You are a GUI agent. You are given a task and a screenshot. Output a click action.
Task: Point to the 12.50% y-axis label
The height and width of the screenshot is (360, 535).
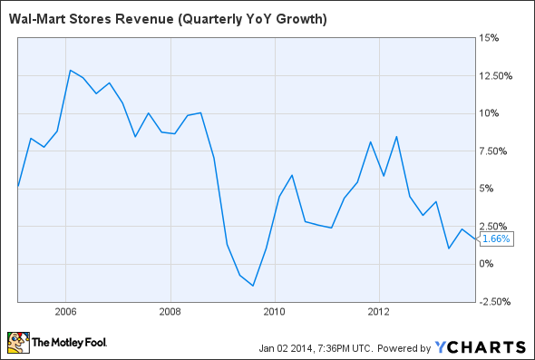click(x=497, y=75)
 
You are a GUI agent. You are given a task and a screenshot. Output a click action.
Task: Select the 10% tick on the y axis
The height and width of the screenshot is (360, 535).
click(x=491, y=113)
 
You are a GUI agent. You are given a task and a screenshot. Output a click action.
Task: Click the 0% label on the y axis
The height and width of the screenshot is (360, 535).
click(x=488, y=264)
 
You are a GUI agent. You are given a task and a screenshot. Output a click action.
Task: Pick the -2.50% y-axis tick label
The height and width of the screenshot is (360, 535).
click(x=497, y=301)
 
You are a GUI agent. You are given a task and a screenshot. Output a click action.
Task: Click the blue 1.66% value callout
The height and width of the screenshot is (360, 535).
click(x=497, y=238)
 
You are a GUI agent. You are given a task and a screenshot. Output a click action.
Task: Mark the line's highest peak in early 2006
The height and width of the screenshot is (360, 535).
click(x=70, y=70)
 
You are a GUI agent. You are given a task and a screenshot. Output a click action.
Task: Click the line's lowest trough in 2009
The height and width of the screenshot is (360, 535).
click(x=254, y=286)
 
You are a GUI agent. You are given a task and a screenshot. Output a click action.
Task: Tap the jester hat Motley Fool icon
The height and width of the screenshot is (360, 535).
click(x=18, y=343)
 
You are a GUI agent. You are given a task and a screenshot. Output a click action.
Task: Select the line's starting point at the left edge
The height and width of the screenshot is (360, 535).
click(x=18, y=187)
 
